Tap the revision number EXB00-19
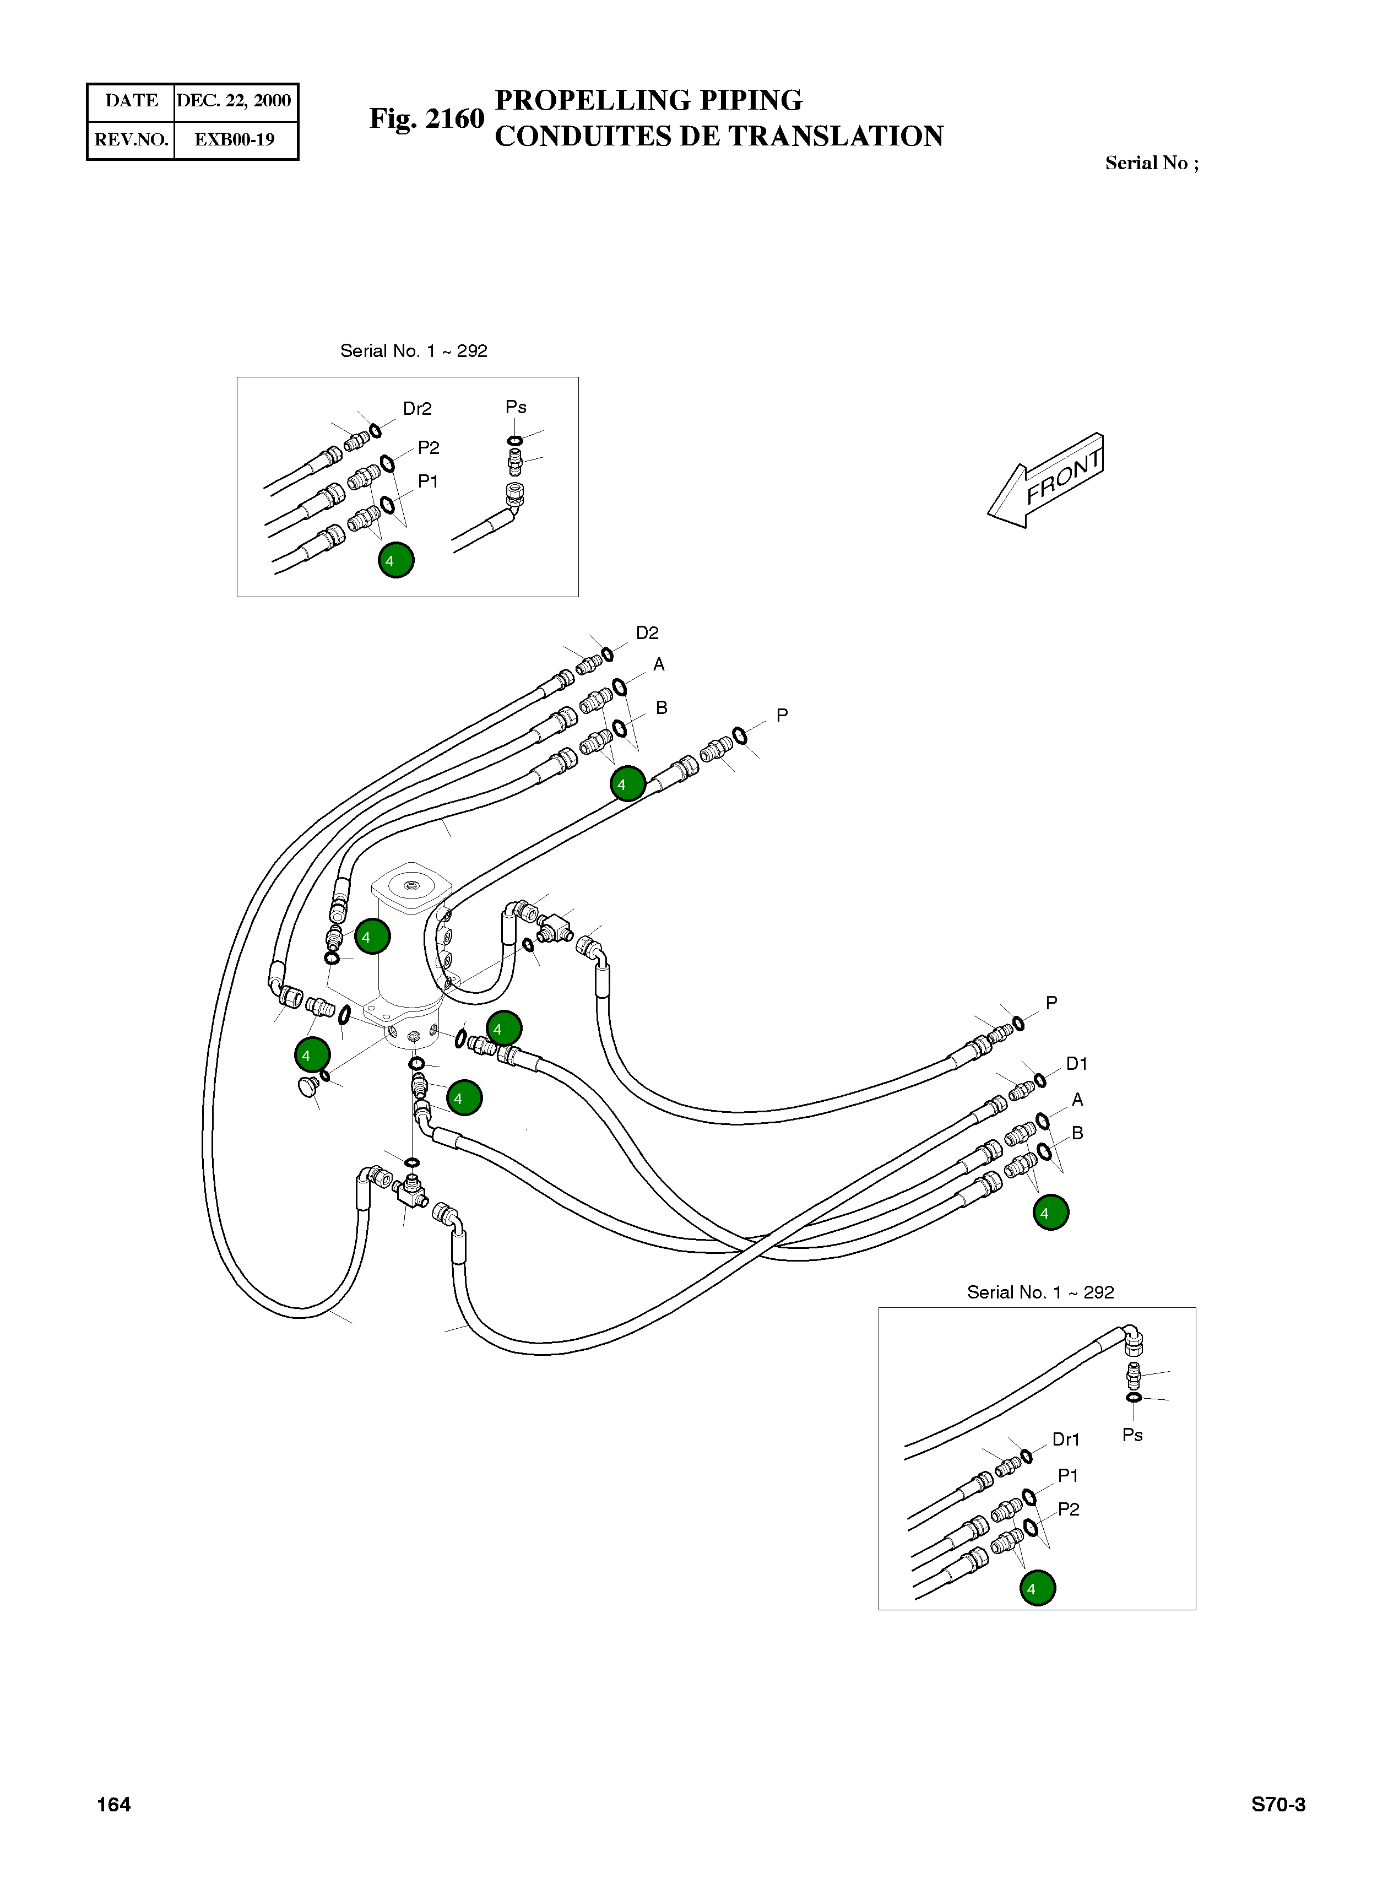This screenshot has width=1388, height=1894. tap(235, 139)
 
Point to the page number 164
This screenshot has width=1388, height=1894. tap(113, 1804)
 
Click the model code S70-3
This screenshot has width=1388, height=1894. tap(1278, 1804)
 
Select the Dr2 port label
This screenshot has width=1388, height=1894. tap(417, 409)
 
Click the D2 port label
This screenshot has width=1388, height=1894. tap(647, 633)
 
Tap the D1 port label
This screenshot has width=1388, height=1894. tap(1076, 1064)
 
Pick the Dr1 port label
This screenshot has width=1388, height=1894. tap(1065, 1440)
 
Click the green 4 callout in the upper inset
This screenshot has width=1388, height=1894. tap(395, 560)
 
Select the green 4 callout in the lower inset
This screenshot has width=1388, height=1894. tap(1037, 1588)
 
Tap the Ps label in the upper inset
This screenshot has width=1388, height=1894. tap(516, 408)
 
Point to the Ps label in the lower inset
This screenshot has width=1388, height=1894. tap(1132, 1435)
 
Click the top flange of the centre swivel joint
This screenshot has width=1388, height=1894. tap(411, 888)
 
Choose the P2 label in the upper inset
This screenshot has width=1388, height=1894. tap(429, 448)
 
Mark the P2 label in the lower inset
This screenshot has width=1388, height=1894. tap(1068, 1509)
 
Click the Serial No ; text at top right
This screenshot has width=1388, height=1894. tap(1151, 163)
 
